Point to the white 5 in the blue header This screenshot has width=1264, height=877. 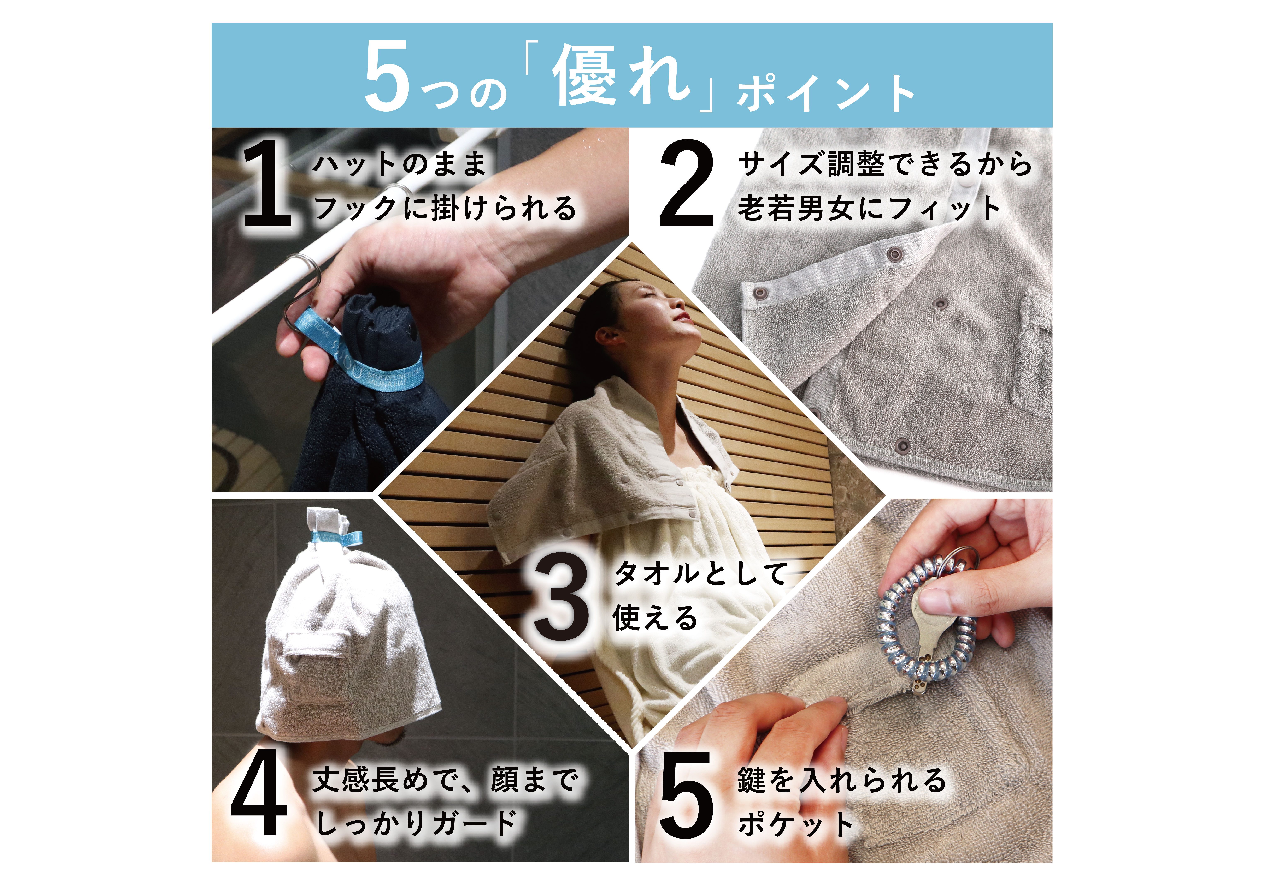(x=388, y=76)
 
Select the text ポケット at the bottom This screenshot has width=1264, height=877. (x=796, y=824)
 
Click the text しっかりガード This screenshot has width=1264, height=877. (x=417, y=823)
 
